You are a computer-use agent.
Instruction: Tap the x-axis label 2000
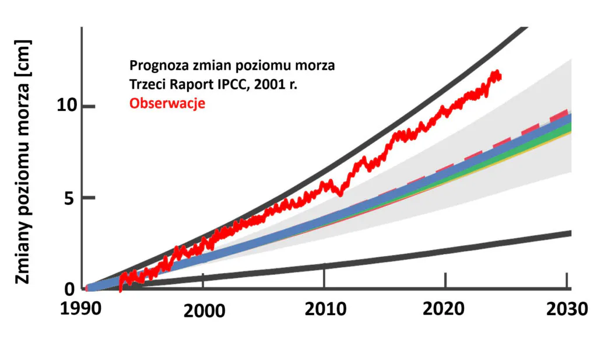click(204, 310)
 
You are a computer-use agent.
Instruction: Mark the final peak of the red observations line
click(497, 72)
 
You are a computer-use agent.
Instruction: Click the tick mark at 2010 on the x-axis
click(324, 279)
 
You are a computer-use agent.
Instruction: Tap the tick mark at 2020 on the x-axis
click(445, 280)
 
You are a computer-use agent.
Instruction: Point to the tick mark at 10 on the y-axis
click(86, 106)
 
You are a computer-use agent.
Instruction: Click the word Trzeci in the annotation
click(148, 85)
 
